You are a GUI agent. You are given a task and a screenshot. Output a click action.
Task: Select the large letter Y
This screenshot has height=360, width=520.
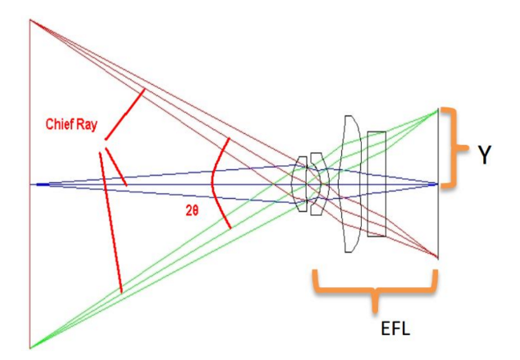[484, 155]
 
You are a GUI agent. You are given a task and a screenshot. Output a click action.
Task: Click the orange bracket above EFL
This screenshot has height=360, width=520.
[374, 289]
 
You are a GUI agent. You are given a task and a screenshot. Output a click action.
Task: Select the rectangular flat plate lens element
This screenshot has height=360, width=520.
[376, 184]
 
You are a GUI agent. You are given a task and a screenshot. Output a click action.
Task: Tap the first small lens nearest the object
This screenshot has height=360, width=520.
[300, 184]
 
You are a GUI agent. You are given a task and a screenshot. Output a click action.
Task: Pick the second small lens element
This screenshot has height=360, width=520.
[316, 184]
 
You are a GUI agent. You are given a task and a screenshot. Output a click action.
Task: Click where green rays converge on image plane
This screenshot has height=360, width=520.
[438, 110]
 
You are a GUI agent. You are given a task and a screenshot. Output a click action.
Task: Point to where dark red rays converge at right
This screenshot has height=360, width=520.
[438, 257]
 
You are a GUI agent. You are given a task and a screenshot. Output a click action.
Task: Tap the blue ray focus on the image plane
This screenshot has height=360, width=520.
[438, 184]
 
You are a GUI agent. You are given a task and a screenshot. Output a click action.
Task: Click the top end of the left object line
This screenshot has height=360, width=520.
[30, 19]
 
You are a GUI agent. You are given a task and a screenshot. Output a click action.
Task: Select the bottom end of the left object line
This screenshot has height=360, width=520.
[30, 348]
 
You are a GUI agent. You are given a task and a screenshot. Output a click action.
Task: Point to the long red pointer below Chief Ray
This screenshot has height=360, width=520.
[110, 220]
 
